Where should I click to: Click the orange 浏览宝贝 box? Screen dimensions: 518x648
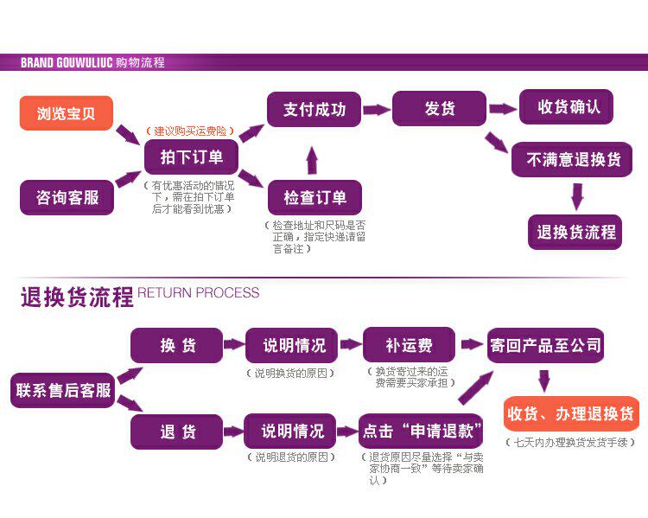pyautogui.click(x=67, y=113)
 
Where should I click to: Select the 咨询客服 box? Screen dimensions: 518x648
pyautogui.click(x=67, y=197)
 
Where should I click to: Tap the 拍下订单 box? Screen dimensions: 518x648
pyautogui.click(x=191, y=157)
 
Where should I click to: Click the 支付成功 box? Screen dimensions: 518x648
pyautogui.click(x=314, y=110)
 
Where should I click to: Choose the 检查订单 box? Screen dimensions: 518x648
pyautogui.click(x=314, y=197)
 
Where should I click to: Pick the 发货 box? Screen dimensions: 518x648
pyautogui.click(x=439, y=109)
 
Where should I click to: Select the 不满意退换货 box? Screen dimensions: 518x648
pyautogui.click(x=573, y=160)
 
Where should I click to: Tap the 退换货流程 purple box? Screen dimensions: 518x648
pyautogui.click(x=575, y=232)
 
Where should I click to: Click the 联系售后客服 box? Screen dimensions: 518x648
pyautogui.click(x=63, y=390)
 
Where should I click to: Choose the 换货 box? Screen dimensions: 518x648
pyautogui.click(x=177, y=345)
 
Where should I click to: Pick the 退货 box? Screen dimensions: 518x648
pyautogui.click(x=177, y=432)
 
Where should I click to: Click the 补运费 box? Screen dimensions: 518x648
pyautogui.click(x=409, y=345)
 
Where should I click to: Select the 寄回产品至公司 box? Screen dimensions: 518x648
pyautogui.click(x=545, y=345)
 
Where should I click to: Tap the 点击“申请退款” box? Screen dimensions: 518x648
pyautogui.click(x=421, y=431)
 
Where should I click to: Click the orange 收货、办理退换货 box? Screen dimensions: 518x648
pyautogui.click(x=569, y=413)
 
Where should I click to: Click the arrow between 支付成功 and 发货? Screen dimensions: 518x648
pyautogui.click(x=376, y=110)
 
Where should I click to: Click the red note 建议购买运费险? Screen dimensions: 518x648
pyautogui.click(x=190, y=131)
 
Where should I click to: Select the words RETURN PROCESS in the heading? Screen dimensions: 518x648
pyautogui.click(x=198, y=292)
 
